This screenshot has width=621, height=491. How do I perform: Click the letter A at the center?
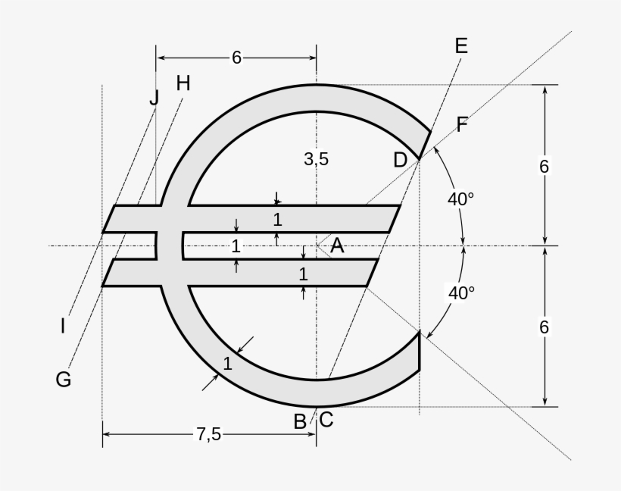338,245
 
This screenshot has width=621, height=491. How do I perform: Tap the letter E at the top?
461,46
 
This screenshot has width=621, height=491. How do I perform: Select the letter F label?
462,125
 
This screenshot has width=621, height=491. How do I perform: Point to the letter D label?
401,160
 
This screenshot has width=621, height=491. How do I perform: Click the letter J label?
154,97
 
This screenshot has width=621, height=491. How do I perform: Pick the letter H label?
183,83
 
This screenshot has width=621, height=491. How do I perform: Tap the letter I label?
63,327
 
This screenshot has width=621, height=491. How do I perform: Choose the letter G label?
64,379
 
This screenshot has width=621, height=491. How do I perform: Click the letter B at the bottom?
300,421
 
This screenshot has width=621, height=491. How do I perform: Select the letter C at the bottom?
326,419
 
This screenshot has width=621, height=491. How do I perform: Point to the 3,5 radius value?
316,158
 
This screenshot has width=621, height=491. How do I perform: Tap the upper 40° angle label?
460,199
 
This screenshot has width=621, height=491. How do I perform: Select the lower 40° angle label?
460,293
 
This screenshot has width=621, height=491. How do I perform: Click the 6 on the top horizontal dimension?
236,58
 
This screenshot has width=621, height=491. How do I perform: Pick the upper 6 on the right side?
544,166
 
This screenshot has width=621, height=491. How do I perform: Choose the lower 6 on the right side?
544,327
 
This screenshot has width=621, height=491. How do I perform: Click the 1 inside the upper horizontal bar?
277,220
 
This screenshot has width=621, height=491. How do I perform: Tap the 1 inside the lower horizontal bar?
303,273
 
